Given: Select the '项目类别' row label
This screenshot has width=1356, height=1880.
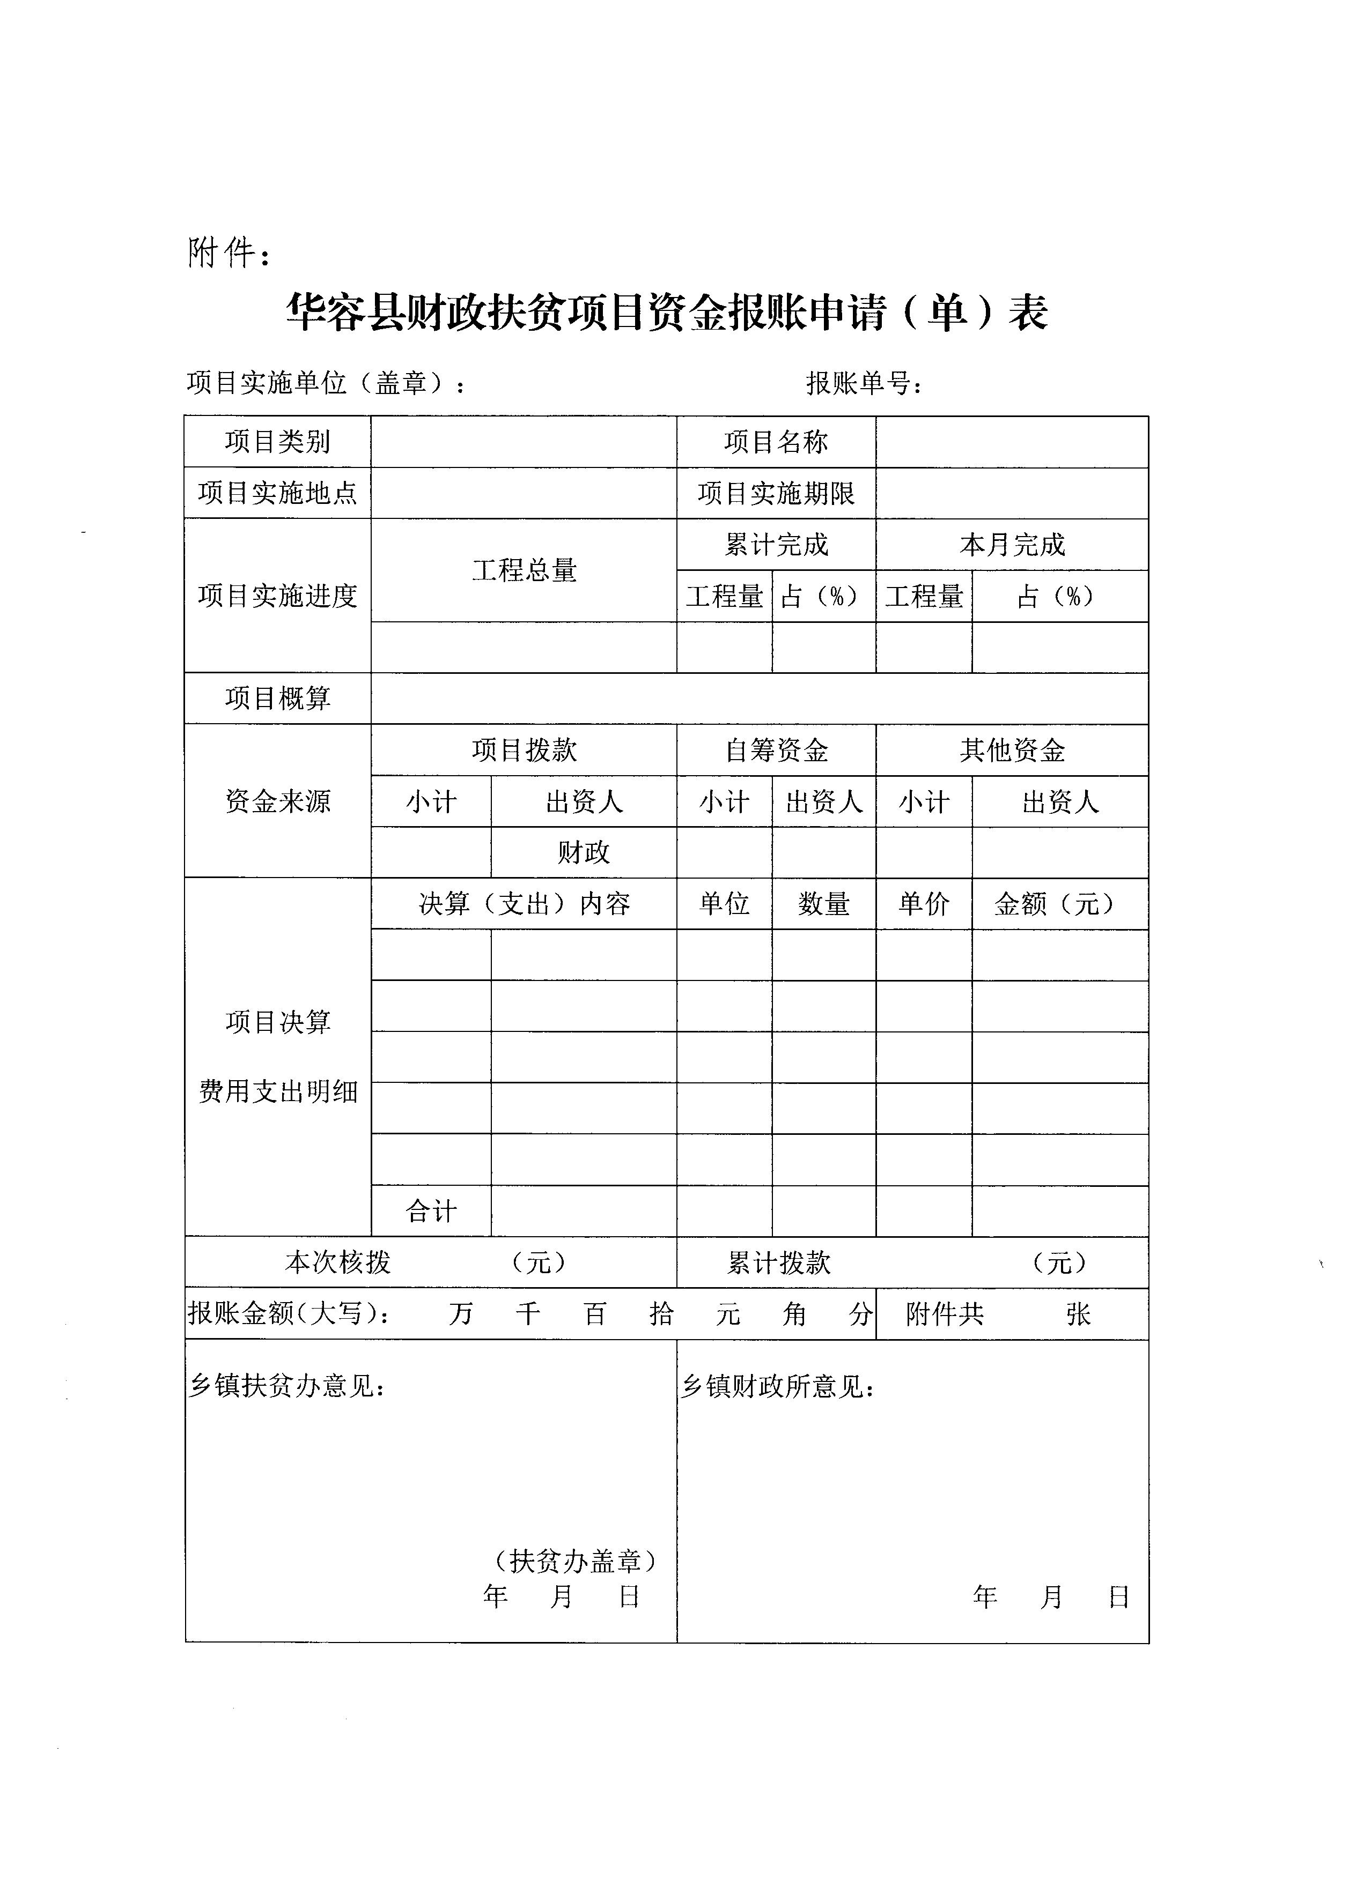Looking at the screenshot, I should pos(277,442).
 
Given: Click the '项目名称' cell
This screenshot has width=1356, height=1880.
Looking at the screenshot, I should pos(776,442).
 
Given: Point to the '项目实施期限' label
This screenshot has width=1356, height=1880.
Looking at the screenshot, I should pos(776,493).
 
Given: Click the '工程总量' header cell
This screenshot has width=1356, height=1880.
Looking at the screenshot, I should pos(524,570).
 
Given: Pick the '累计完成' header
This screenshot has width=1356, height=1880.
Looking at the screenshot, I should pos(776,545).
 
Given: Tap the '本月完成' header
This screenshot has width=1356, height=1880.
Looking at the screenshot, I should pos(1012,545).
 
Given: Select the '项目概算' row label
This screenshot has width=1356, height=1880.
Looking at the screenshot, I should pos(277,698).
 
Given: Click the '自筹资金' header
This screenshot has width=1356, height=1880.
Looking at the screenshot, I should pos(776,750).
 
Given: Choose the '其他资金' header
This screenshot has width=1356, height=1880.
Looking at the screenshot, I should pos(1012,750).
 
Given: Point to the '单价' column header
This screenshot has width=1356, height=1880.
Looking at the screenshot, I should pos(923,903).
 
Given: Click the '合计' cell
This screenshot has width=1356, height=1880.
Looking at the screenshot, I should pos(430,1211).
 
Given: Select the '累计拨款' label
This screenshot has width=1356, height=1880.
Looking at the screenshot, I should pos(778,1262).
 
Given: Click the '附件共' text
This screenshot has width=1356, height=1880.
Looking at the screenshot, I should pos(944,1314).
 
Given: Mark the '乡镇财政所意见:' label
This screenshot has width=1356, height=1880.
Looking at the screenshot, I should pos(778,1386).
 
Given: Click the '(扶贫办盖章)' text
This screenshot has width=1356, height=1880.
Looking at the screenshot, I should pos(576,1562).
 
